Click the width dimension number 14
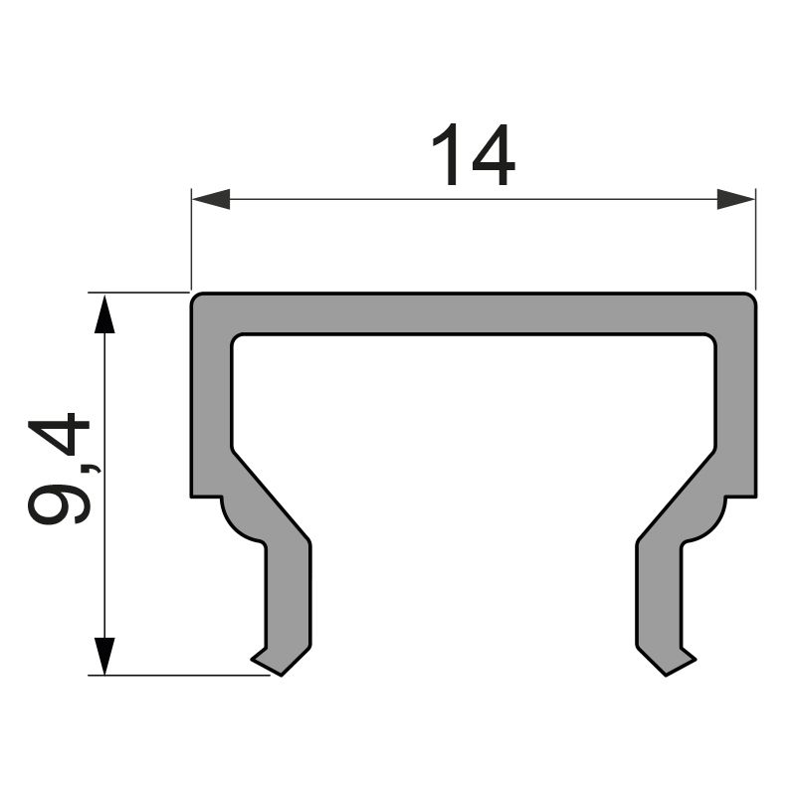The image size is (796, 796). tap(473, 157)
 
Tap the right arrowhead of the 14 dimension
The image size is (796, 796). tap(735, 199)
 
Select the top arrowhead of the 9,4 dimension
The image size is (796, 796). tap(103, 313)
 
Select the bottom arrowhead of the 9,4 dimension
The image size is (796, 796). tap(103, 655)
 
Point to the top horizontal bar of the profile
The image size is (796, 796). tap(473, 313)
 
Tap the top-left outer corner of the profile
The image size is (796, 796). tap(194, 297)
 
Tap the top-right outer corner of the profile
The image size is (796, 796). tap(752, 297)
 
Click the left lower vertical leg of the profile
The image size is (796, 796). tap(289, 597)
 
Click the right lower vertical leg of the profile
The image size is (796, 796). tap(658, 597)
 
